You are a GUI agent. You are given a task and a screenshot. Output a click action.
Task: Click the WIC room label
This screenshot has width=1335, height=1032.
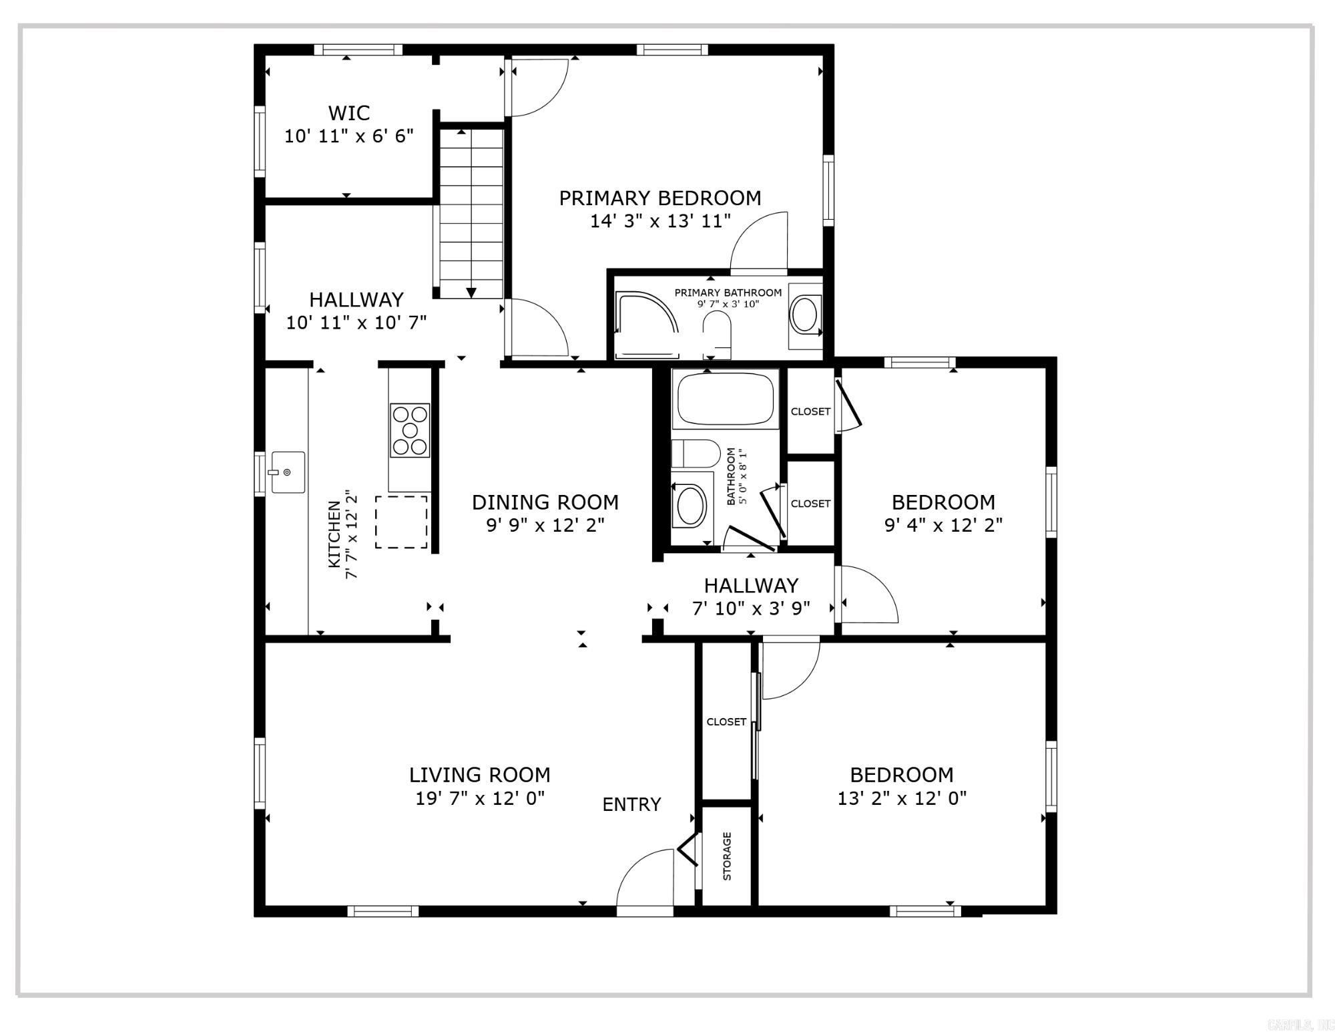pos(348,113)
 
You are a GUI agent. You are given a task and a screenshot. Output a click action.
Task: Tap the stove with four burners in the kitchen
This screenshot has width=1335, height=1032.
pos(410,430)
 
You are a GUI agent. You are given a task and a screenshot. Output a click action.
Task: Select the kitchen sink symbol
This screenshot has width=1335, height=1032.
pos(288,472)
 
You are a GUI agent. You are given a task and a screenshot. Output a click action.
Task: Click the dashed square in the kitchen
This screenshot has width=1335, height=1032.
pos(401,522)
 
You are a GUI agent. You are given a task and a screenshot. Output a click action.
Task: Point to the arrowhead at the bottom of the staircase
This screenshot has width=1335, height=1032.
pos(471,293)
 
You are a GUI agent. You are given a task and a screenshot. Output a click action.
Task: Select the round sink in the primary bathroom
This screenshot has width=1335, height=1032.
pos(804,315)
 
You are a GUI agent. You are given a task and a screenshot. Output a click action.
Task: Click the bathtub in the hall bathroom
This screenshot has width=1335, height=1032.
pos(726,399)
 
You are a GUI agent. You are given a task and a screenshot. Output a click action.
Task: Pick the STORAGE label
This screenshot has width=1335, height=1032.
pos(727,856)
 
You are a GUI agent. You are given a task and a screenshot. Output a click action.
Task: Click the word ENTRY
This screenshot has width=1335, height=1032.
pos(631,804)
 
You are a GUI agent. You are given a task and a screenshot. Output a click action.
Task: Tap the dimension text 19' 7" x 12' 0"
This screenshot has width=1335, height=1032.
pos(480,798)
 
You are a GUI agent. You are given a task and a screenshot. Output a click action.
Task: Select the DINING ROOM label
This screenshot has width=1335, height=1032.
pos(545,502)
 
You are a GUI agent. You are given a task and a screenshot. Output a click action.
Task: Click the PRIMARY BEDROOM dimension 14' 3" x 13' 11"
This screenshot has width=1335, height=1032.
pos(660,221)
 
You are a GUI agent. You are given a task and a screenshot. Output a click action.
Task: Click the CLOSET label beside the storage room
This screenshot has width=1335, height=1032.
pos(726,721)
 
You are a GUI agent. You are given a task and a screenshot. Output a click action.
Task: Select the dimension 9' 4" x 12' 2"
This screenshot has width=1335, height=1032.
pos(943,525)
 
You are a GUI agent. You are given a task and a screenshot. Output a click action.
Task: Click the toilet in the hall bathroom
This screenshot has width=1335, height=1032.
pos(696,454)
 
